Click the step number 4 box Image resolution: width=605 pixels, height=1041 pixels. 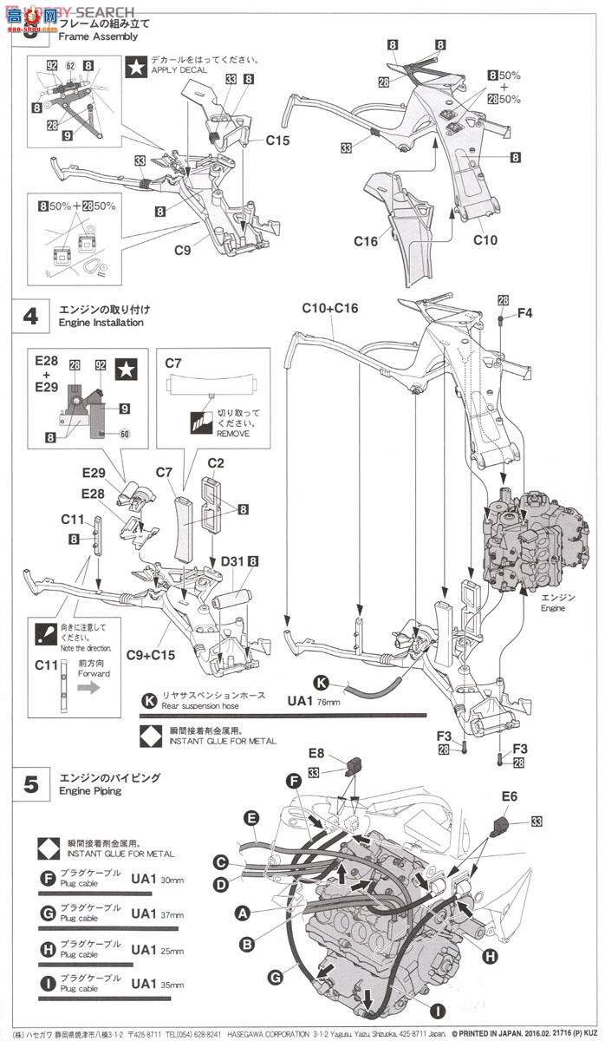pyautogui.click(x=30, y=315)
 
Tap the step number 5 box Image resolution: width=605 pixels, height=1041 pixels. pyautogui.click(x=30, y=785)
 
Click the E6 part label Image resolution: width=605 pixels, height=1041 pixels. pyautogui.click(x=509, y=795)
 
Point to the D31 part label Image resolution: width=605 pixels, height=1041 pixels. pyautogui.click(x=231, y=561)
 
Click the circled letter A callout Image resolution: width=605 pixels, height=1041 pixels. pyautogui.click(x=242, y=913)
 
